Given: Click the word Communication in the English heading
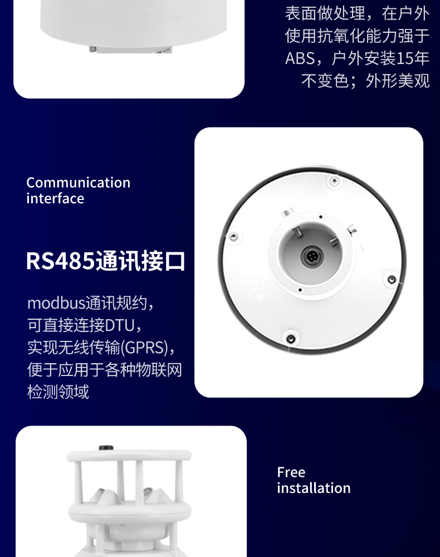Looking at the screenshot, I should (78, 183).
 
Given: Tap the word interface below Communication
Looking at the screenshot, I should (55, 199).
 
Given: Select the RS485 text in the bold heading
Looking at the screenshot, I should (60, 261).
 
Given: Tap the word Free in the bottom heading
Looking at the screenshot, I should (291, 472).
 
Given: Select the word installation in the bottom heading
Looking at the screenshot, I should (314, 488).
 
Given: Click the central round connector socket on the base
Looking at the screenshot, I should (310, 257).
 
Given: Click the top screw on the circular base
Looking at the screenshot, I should (333, 181).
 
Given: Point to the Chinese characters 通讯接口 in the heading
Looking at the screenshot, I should (140, 261).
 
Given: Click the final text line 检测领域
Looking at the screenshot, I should (58, 392).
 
